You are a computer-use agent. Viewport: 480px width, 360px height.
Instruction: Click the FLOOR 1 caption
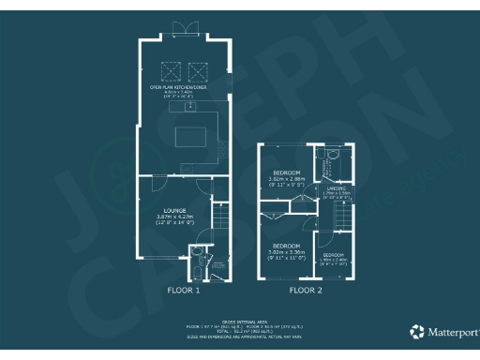184,291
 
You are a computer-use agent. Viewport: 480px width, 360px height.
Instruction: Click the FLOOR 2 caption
306,291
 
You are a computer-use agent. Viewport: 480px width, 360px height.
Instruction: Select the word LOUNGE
173,210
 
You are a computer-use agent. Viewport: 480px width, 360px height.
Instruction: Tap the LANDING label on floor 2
337,189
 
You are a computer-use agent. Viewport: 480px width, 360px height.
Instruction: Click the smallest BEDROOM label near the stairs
335,255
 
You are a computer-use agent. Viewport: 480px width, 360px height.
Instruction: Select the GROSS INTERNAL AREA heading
240,321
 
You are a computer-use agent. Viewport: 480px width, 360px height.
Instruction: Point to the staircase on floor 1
219,225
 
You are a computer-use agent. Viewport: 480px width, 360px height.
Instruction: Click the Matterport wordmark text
451,332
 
